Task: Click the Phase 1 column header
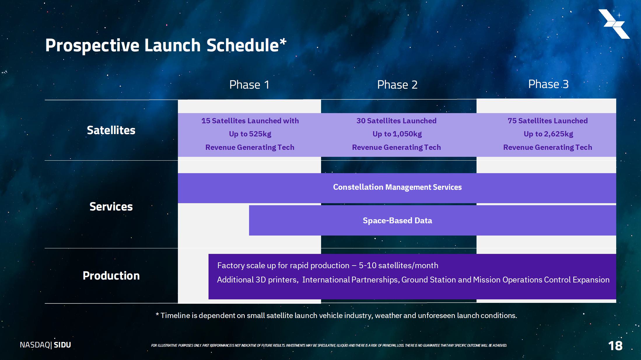pos(249,85)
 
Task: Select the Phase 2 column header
pos(397,85)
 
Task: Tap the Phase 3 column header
pos(548,84)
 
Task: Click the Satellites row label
pos(111,130)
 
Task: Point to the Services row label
pos(111,207)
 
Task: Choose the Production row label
pos(111,276)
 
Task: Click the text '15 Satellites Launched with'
pos(250,121)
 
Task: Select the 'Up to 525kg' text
pos(250,134)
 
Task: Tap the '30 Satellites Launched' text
pos(396,121)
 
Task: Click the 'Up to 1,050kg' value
pos(397,134)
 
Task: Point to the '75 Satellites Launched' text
pos(548,121)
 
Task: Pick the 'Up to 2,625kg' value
pos(548,134)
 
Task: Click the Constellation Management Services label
pos(397,187)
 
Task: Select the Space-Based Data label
pos(397,221)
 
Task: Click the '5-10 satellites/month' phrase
pos(398,266)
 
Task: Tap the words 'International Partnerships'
pos(350,280)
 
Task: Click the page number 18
pos(615,346)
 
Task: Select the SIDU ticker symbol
pos(62,345)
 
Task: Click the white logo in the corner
pos(614,24)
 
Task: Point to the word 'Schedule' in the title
pos(243,45)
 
